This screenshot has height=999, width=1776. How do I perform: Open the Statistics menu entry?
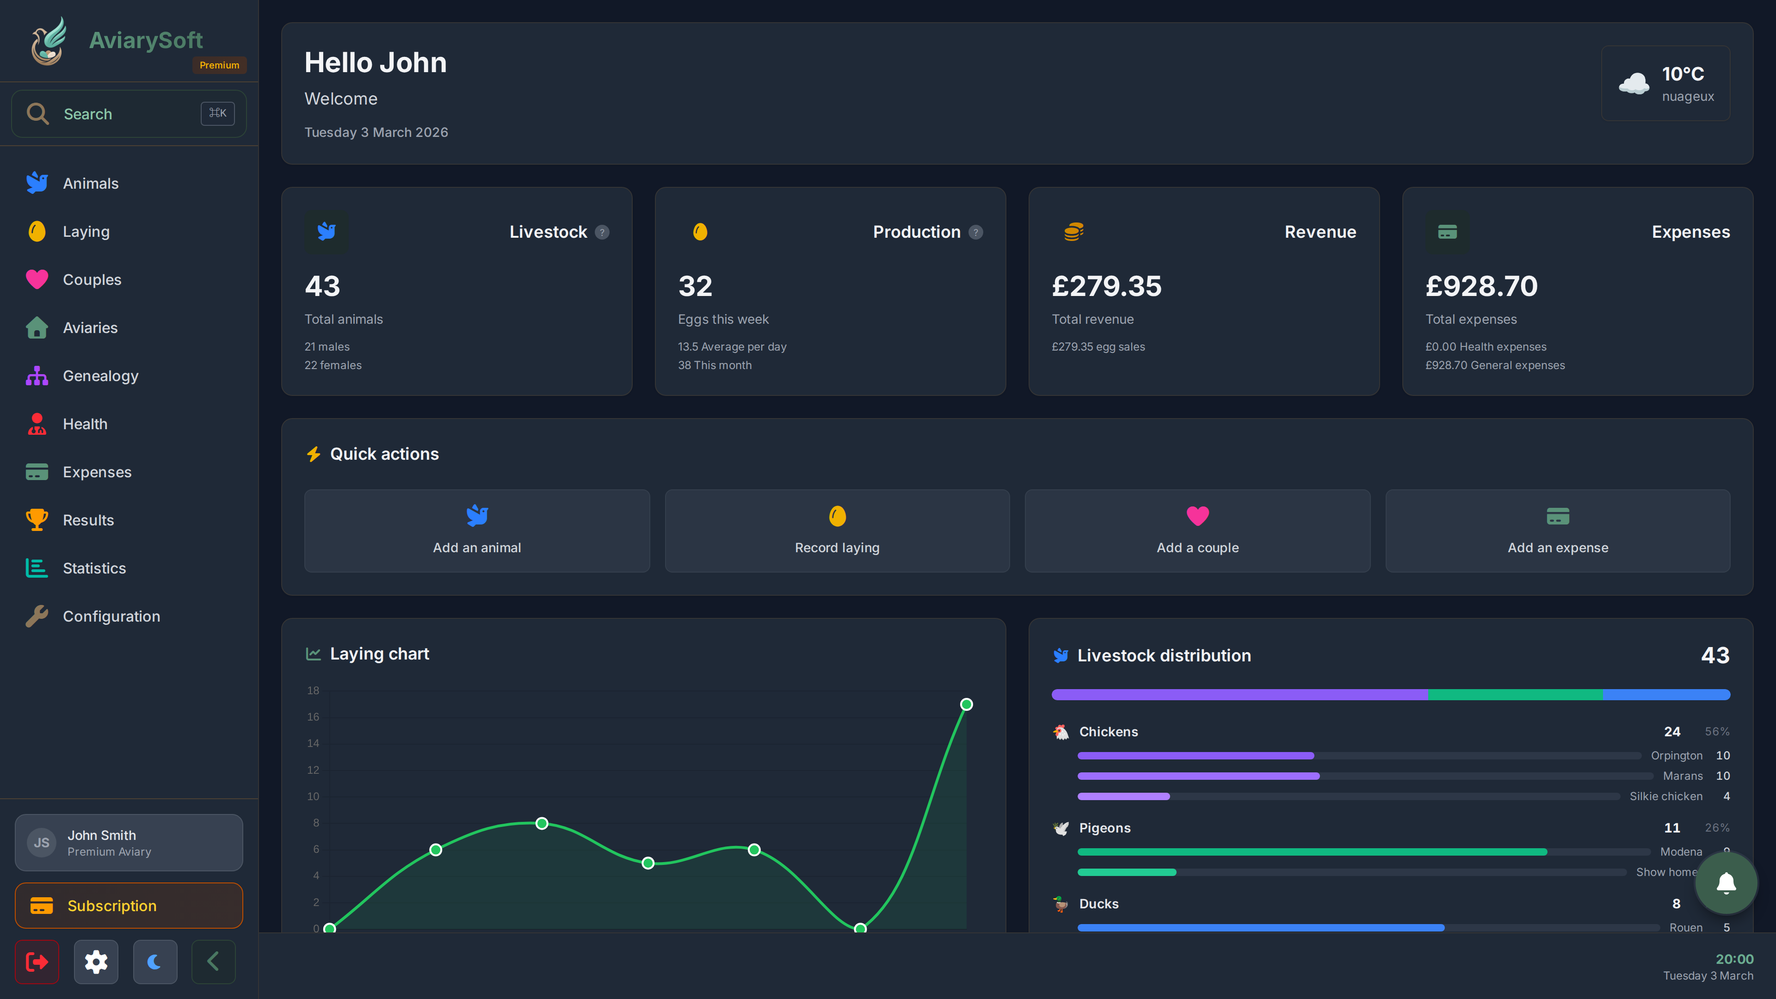point(94,568)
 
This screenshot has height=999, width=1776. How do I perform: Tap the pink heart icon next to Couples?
point(37,279)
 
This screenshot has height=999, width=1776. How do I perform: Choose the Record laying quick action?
point(837,531)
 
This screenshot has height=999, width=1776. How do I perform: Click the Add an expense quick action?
point(1557,531)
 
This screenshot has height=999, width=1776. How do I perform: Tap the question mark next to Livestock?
point(602,232)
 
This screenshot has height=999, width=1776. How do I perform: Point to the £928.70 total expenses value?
point(1481,286)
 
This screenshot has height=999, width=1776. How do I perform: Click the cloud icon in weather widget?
point(1633,83)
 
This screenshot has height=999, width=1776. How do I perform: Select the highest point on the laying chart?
point(966,704)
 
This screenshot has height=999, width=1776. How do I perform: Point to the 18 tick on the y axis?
point(313,690)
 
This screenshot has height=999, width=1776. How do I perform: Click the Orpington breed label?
point(1676,756)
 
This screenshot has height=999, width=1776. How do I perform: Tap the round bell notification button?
point(1726,883)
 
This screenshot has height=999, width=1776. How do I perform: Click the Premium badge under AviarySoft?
point(219,65)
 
